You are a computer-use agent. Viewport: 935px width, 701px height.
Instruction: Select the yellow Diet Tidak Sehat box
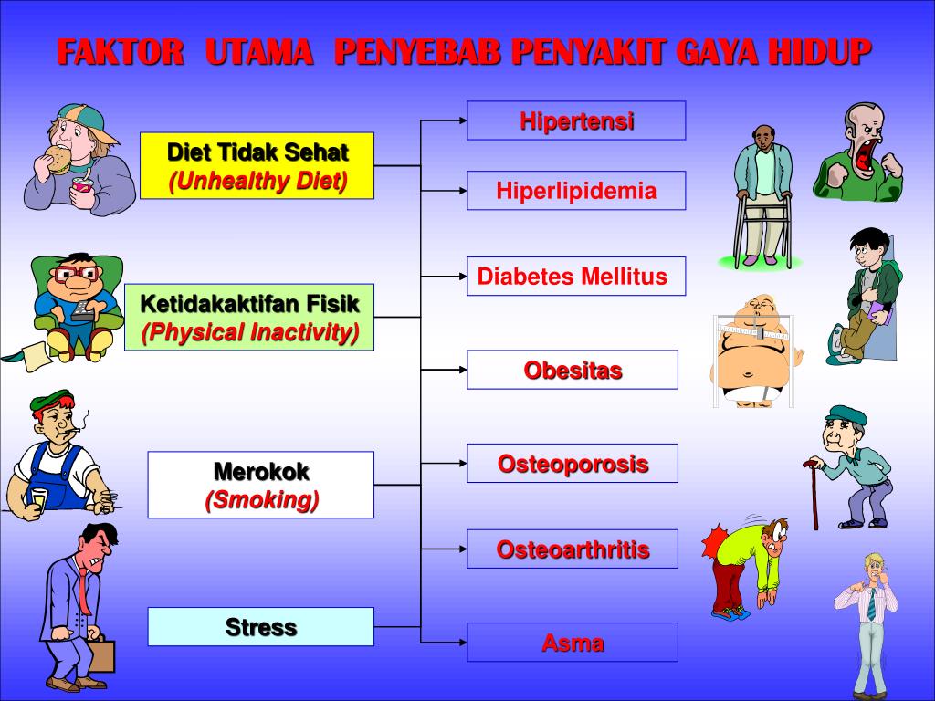(x=257, y=165)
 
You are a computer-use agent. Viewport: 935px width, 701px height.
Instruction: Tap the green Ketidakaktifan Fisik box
(x=249, y=317)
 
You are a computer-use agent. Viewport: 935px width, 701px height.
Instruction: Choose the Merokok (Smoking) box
(x=260, y=485)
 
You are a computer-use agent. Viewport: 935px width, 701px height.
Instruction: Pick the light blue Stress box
(x=260, y=627)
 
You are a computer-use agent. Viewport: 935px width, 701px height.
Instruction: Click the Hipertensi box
(x=576, y=120)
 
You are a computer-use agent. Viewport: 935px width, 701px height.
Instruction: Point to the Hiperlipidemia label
(x=576, y=191)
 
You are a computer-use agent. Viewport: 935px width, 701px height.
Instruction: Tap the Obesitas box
(x=573, y=370)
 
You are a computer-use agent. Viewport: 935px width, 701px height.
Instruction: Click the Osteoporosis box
(x=573, y=463)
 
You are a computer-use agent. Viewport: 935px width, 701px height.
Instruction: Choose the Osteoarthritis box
(x=573, y=549)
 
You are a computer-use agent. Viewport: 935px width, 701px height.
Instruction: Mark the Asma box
(x=573, y=642)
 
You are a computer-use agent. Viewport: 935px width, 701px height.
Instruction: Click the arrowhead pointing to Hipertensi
(x=460, y=120)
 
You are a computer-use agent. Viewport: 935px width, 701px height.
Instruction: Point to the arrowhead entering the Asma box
(x=460, y=642)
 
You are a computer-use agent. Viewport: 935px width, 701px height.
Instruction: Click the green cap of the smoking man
(x=51, y=399)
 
